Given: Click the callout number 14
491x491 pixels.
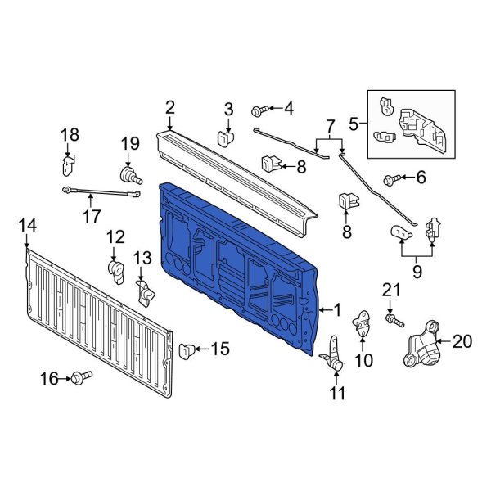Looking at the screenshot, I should [x=27, y=225].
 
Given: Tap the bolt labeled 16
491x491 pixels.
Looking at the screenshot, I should [x=82, y=377].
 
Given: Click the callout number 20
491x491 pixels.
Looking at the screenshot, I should [x=462, y=342].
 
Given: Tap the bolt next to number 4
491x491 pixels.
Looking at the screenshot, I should [x=259, y=109].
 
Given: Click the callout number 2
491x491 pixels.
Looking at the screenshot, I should [x=169, y=107].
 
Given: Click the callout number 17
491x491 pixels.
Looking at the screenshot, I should [x=91, y=217].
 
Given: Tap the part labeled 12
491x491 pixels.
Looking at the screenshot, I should [x=115, y=267].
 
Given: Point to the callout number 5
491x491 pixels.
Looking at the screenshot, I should [x=354, y=124].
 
